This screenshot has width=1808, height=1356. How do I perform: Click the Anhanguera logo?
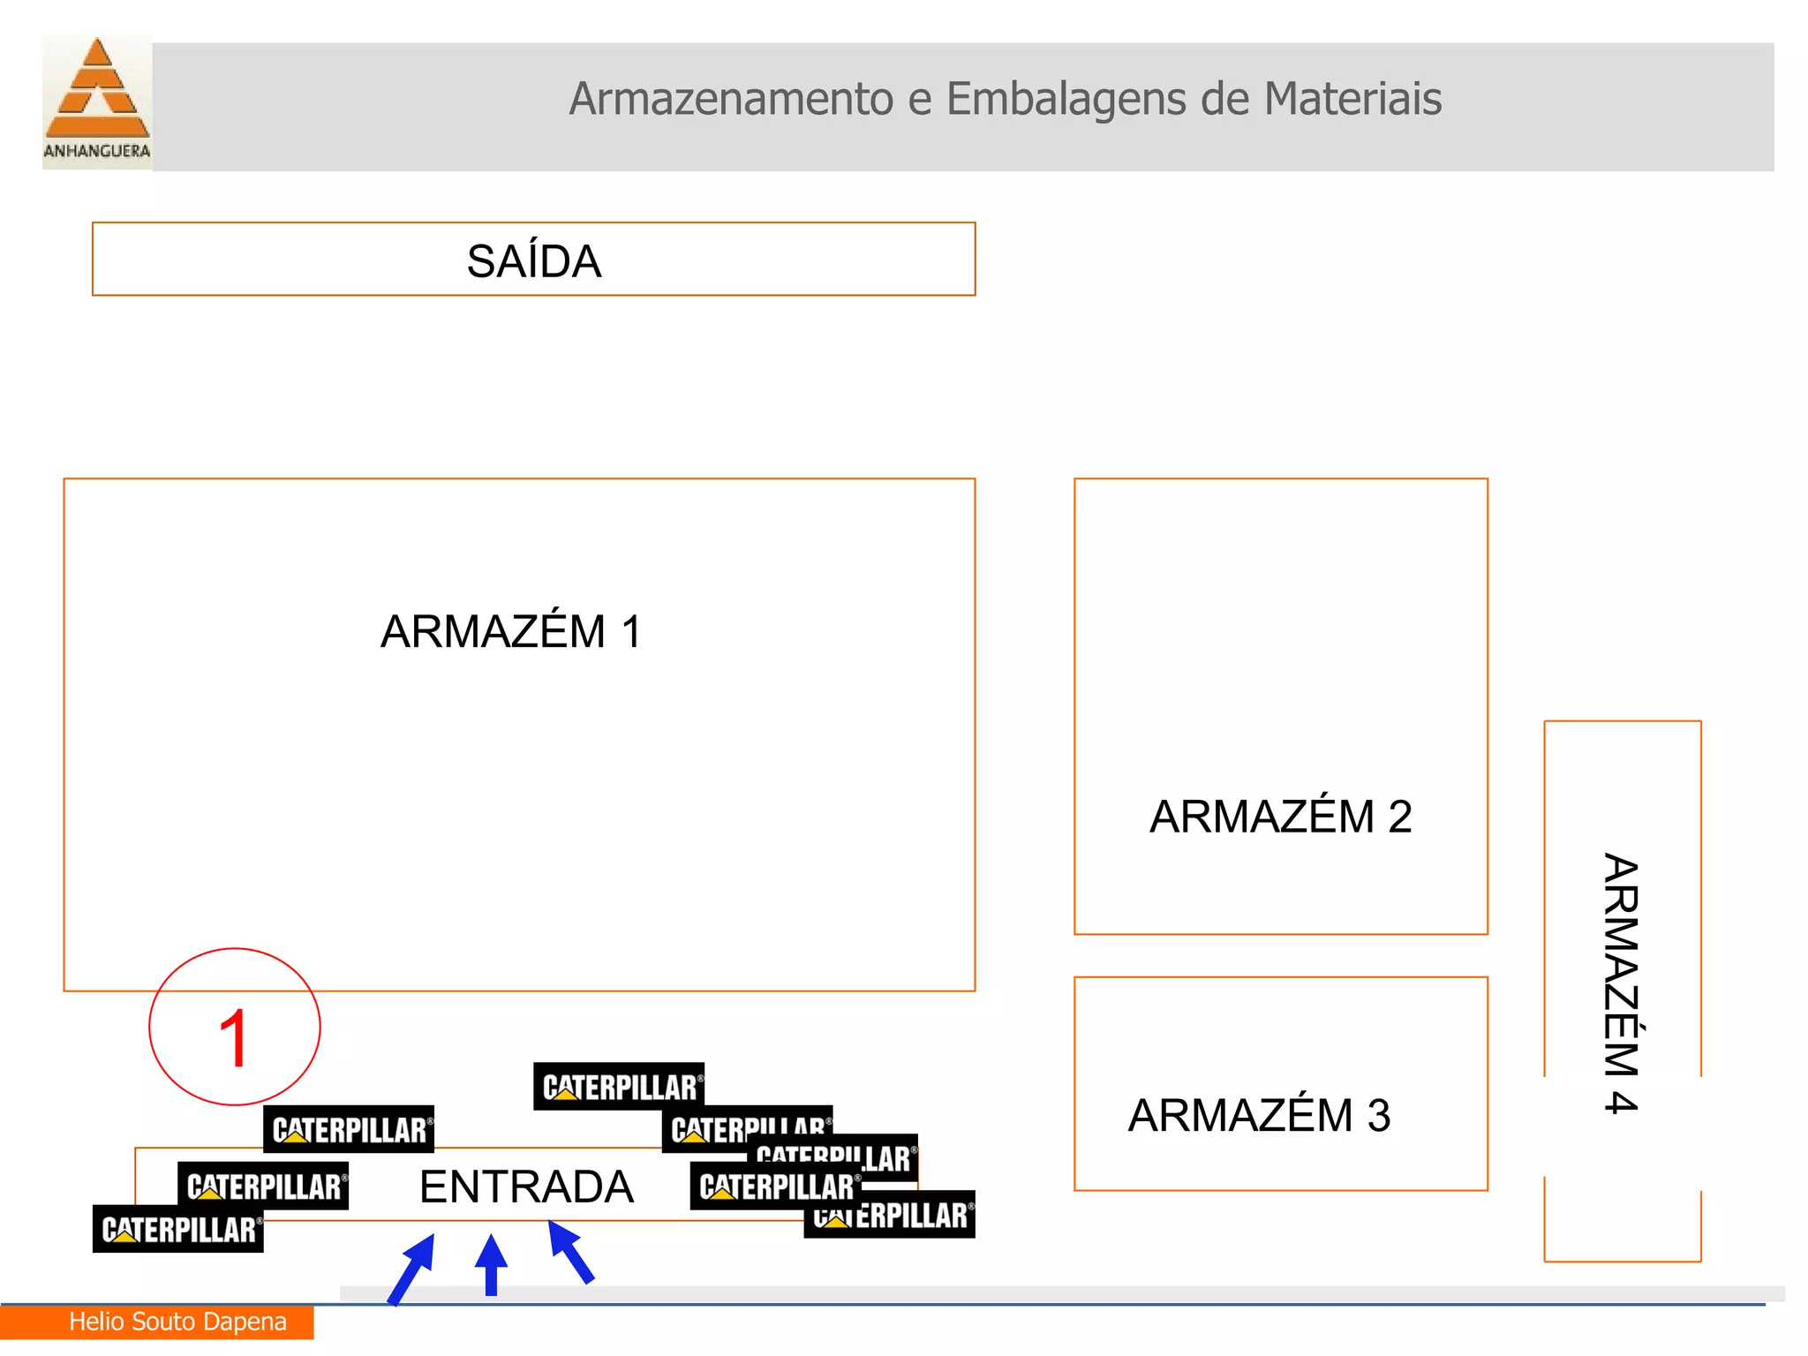click(97, 102)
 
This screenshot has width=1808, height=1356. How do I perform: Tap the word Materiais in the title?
click(1352, 99)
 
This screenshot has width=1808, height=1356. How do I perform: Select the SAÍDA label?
click(533, 261)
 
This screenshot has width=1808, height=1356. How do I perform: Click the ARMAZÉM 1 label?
click(510, 632)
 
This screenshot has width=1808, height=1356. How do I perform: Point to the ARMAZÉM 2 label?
click(1280, 817)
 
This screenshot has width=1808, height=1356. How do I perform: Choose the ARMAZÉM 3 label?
click(1259, 1115)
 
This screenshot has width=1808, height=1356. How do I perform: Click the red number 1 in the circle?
click(234, 1039)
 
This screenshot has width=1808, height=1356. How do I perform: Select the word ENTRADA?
click(526, 1186)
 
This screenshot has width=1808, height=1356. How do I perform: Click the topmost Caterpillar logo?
click(619, 1087)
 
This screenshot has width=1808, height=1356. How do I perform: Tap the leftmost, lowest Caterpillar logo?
click(177, 1229)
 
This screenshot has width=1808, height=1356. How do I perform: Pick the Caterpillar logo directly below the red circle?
click(349, 1129)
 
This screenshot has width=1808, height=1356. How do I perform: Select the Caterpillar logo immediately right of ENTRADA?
click(774, 1186)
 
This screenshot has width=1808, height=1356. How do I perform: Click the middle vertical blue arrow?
click(492, 1265)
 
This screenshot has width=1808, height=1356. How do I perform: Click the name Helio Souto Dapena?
click(177, 1322)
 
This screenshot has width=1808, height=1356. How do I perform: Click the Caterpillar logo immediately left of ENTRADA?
click(263, 1186)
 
